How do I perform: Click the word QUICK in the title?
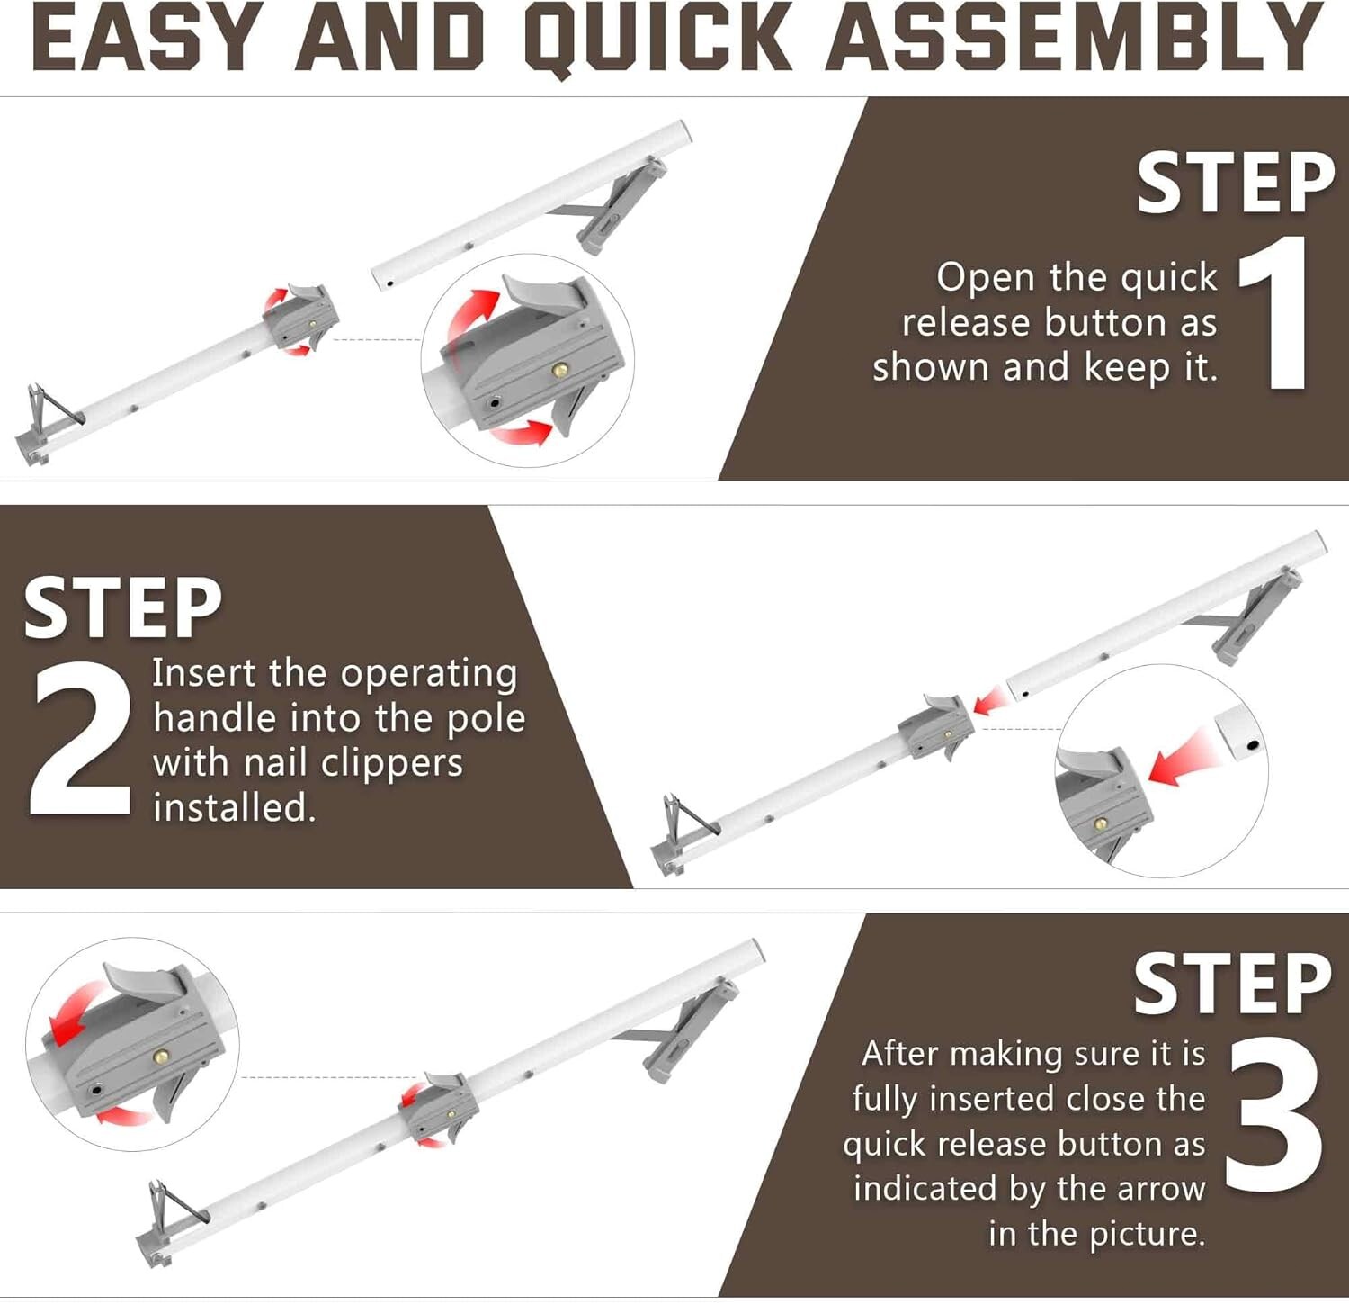tap(657, 40)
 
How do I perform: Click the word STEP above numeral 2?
tap(123, 608)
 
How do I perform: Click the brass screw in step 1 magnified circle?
tap(560, 369)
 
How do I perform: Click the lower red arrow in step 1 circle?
tap(523, 434)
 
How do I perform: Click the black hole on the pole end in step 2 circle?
tap(1251, 746)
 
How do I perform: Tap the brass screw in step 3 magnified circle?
tap(162, 1057)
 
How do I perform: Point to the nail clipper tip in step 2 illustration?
tap(667, 799)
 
